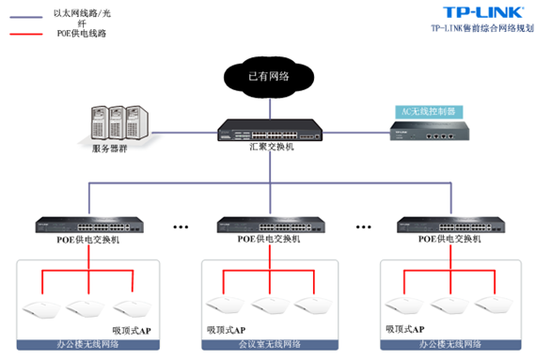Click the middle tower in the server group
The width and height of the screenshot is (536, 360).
pyautogui.click(x=114, y=120)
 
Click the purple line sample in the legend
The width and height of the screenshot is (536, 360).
pyautogui.click(x=30, y=15)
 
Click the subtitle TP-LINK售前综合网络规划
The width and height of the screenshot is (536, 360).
pyautogui.click(x=482, y=28)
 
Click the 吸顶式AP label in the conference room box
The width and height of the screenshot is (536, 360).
pyautogui.click(x=226, y=330)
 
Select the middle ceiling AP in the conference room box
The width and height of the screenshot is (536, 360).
pyautogui.click(x=270, y=305)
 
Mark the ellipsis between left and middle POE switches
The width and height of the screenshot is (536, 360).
pyautogui.click(x=182, y=227)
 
